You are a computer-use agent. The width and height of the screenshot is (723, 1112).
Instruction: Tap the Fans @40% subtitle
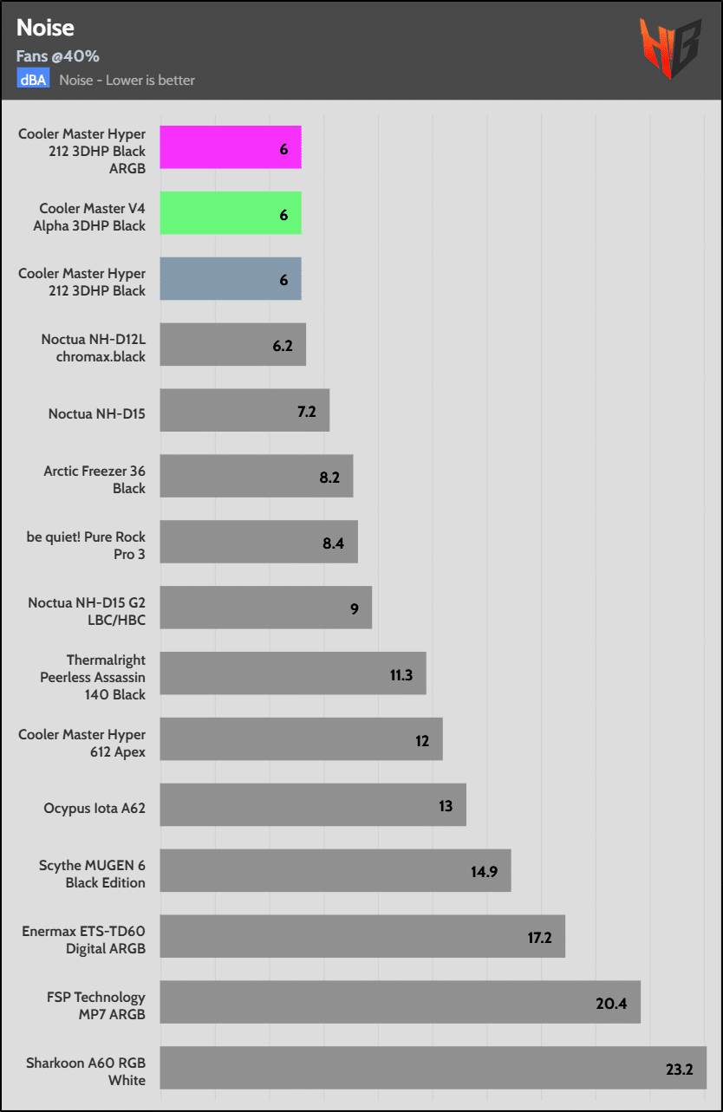click(x=57, y=56)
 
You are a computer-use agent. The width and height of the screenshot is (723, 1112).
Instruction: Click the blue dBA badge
click(x=33, y=80)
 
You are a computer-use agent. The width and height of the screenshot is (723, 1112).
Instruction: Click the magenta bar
click(x=231, y=147)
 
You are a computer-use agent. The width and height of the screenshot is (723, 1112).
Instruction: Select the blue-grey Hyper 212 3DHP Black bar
click(x=231, y=279)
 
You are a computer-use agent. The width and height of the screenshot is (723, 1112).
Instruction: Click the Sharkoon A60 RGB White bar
click(x=433, y=1068)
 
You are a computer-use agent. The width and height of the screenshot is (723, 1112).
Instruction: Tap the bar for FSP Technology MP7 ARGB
click(x=400, y=1002)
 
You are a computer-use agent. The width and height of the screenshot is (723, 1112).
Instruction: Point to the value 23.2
click(x=679, y=1069)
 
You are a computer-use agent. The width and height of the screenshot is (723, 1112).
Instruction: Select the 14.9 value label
click(x=484, y=871)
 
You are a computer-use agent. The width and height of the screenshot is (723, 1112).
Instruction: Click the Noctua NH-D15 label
click(x=97, y=413)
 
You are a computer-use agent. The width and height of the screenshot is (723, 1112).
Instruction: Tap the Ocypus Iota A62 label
click(x=94, y=808)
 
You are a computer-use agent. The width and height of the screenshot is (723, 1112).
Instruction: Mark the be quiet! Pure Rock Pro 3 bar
click(x=258, y=542)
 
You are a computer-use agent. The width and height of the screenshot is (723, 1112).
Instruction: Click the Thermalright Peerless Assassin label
click(x=93, y=677)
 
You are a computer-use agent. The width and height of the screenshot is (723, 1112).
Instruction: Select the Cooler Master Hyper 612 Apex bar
click(x=301, y=739)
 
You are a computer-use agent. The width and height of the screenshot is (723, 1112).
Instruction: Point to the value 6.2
click(x=283, y=345)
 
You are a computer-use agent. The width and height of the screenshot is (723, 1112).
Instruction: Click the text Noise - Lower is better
click(x=127, y=80)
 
